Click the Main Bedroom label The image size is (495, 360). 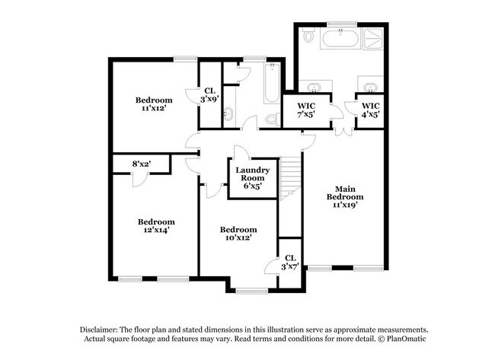pyautogui.click(x=345, y=196)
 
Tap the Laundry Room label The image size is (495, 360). pyautogui.click(x=253, y=178)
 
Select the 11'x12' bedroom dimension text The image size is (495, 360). pyautogui.click(x=154, y=108)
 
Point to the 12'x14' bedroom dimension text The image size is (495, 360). pyautogui.click(x=156, y=230)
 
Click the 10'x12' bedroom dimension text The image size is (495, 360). pyautogui.click(x=238, y=237)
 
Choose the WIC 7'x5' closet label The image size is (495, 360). pyautogui.click(x=306, y=110)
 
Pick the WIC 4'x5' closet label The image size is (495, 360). pyautogui.click(x=370, y=110)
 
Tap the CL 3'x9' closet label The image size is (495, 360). pyautogui.click(x=209, y=95)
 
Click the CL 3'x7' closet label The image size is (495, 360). pyautogui.click(x=290, y=262)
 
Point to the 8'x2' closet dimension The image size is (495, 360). pyautogui.click(x=142, y=164)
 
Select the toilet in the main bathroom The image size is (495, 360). pyautogui.click(x=308, y=35)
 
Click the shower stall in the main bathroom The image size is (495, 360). pyautogui.click(x=374, y=39)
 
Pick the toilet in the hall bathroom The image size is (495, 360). pyautogui.click(x=273, y=118)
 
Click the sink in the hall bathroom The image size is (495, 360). pyautogui.click(x=228, y=113)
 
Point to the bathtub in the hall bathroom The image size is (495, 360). pyautogui.click(x=272, y=83)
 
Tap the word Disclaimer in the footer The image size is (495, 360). pyautogui.click(x=98, y=330)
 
